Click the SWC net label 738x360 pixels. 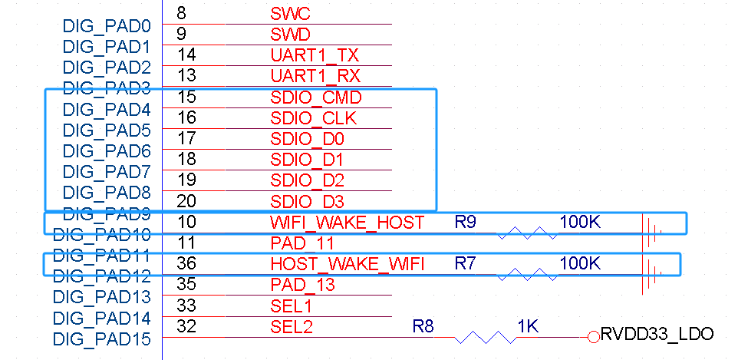coord(291,13)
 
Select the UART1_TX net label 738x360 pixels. coord(315,55)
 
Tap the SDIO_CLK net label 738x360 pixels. coord(314,118)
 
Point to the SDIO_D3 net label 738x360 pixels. coord(308,202)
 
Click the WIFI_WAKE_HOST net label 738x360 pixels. coord(348,222)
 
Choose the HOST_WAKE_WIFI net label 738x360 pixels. coord(348,264)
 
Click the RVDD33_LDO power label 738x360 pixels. coord(657,335)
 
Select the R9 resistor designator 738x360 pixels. coord(465,222)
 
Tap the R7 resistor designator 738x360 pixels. coord(465,263)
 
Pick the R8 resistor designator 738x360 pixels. coord(423,326)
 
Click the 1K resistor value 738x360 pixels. coord(528,326)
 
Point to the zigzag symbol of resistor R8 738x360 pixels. coord(486,337)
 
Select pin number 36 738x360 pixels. coord(186,263)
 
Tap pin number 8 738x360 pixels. coord(181,13)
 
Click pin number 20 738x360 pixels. coord(186,201)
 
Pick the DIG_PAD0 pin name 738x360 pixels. coord(107,26)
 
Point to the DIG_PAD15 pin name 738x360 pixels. coord(102,339)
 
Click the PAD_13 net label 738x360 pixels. coord(302,285)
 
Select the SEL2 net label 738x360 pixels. coord(292,326)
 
